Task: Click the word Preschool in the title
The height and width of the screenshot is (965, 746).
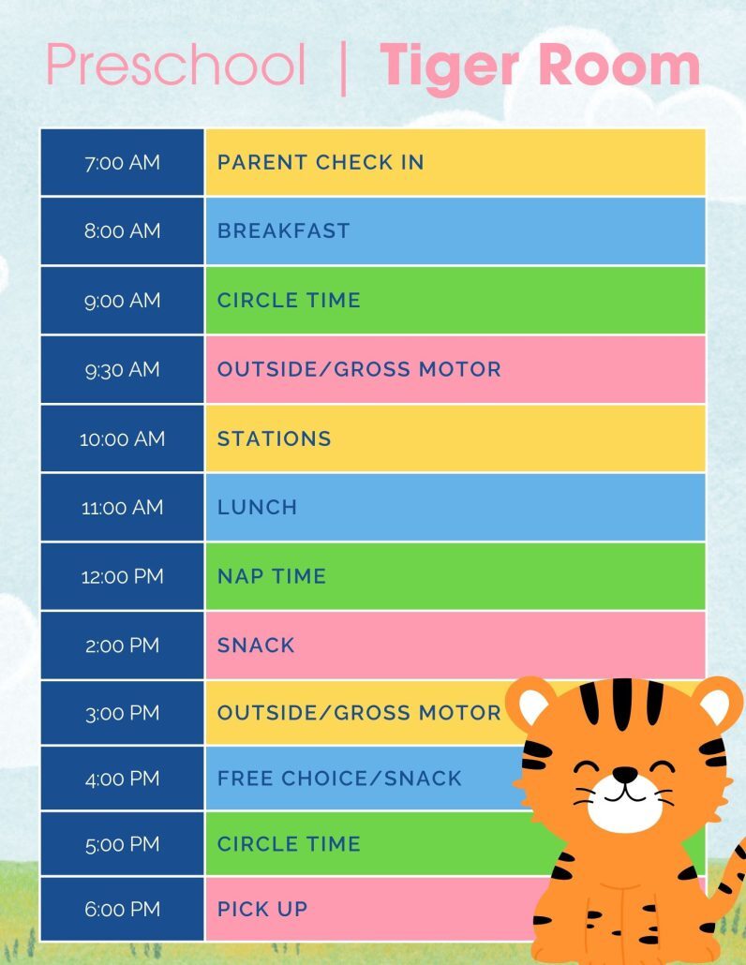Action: [x=176, y=65]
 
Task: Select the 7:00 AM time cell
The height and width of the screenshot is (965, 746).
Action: [x=122, y=162]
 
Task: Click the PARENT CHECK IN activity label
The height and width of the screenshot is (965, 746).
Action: [x=321, y=162]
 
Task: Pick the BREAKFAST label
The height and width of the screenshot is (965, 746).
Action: [x=284, y=230]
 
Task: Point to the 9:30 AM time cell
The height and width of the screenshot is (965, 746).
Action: [x=122, y=369]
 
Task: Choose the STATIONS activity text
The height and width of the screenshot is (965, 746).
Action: [x=275, y=438]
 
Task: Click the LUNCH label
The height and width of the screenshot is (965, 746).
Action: [x=258, y=507]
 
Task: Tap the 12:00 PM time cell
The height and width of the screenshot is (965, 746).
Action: [x=122, y=577]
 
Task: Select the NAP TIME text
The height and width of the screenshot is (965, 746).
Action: [x=272, y=577]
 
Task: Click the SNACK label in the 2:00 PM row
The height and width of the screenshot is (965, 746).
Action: [x=256, y=646]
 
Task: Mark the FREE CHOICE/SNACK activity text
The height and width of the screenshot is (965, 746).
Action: [x=340, y=779]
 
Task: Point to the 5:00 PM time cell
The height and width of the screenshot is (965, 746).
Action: [x=122, y=844]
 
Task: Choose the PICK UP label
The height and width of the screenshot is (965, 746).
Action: [x=262, y=909]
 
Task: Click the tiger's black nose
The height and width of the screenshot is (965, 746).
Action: [x=625, y=774]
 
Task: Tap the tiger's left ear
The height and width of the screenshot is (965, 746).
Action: [x=530, y=703]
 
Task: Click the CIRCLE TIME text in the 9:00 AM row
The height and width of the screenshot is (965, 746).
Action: [x=290, y=301]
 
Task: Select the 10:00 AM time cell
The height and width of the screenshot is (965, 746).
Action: [x=122, y=438]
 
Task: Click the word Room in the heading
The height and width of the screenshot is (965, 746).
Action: [x=619, y=65]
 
